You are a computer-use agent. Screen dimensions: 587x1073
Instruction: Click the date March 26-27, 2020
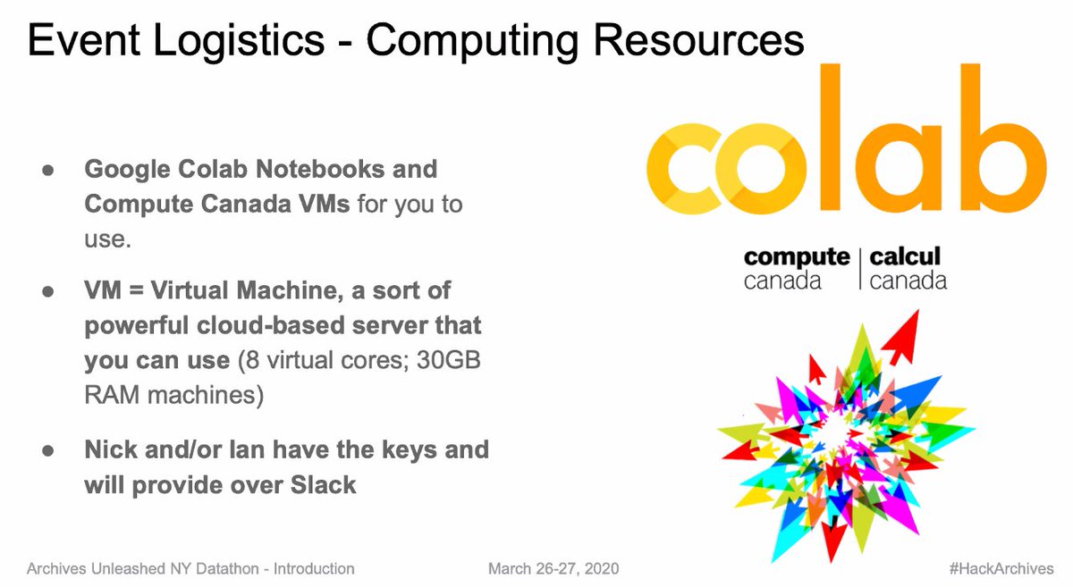pyautogui.click(x=553, y=568)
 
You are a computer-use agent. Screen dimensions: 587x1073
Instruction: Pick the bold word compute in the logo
pyautogui.click(x=796, y=258)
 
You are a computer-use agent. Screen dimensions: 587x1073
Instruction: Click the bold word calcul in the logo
pyautogui.click(x=905, y=258)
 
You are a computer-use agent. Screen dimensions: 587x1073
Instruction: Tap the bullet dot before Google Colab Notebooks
pyautogui.click(x=48, y=169)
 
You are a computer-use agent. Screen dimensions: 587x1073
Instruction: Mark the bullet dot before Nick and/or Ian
pyautogui.click(x=48, y=449)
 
